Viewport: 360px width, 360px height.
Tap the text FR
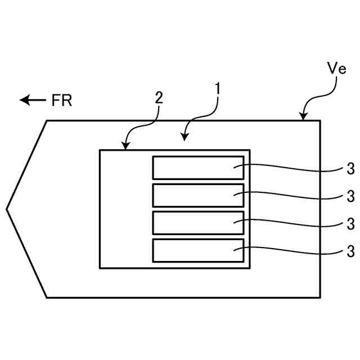62,101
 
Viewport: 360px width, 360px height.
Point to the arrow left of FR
33,100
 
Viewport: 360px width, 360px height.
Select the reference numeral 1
217,88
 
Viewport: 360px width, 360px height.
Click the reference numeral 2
159,97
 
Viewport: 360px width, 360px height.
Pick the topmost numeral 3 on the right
350,169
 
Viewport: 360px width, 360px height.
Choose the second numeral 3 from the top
350,196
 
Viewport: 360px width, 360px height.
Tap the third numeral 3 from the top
350,223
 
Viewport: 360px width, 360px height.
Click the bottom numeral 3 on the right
350,250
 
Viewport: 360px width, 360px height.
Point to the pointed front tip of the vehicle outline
7,209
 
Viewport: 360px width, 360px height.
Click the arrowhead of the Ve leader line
303,118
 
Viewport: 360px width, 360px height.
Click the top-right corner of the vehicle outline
321,120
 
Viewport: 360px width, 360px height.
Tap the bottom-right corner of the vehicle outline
321,297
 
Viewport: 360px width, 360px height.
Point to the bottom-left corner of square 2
100,268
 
